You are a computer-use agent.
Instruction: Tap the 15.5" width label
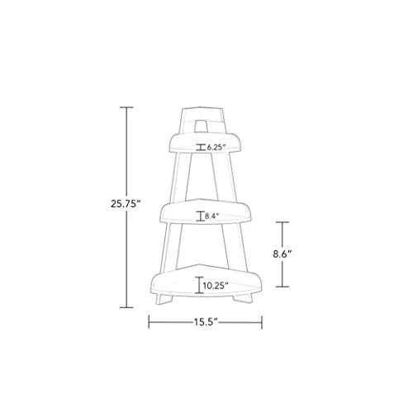(206, 321)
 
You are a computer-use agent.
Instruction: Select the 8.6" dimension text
(282, 254)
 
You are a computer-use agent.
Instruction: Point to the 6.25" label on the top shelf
(216, 147)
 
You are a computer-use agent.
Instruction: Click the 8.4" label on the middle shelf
(211, 216)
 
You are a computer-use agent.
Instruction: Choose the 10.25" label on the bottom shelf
(216, 285)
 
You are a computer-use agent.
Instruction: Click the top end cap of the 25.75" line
(126, 107)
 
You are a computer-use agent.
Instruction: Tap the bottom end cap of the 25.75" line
(126, 307)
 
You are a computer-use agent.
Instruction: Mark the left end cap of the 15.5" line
(149, 321)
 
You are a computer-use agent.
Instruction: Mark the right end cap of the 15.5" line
(262, 321)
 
